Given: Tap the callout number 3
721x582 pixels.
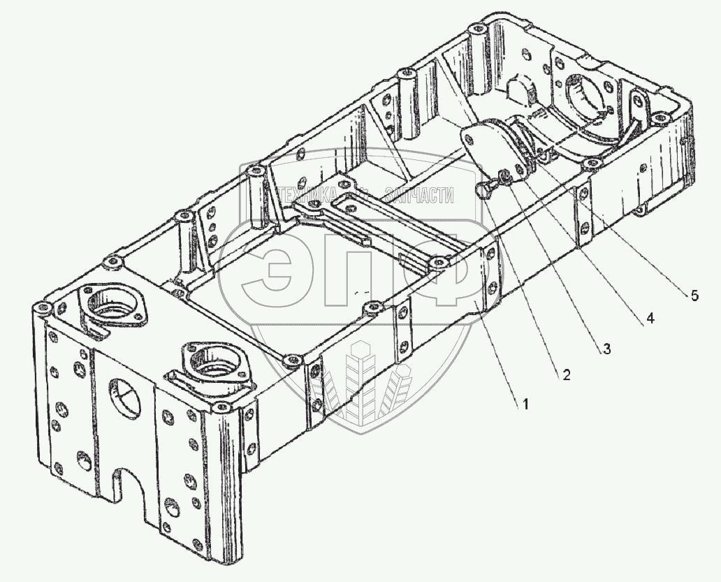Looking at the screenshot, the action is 606,349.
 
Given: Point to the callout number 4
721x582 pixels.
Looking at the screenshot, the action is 650,319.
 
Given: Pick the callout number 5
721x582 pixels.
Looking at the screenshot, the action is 693,295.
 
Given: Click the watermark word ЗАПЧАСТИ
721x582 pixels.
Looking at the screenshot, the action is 419,196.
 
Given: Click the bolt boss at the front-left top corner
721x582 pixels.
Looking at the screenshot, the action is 44,308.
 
